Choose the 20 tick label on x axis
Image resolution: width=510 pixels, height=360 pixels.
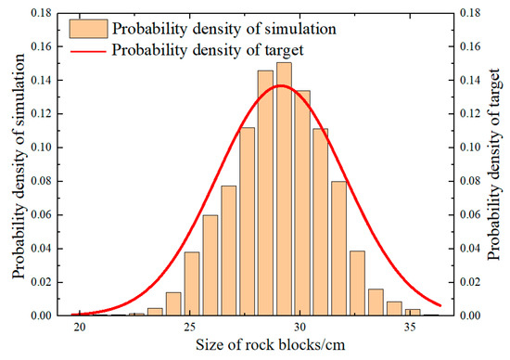(80, 328)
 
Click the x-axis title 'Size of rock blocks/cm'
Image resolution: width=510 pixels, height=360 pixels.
(254, 347)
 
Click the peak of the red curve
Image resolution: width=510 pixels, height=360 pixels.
(281, 85)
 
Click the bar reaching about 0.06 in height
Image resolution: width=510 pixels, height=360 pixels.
(210, 265)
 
